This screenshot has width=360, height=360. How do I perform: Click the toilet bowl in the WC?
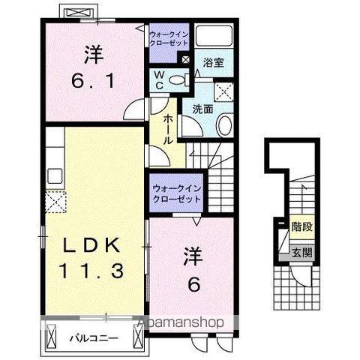pos(178,80)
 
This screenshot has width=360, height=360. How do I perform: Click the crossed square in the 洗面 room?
pos(223,92)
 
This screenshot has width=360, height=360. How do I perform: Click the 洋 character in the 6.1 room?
pos(92,54)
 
